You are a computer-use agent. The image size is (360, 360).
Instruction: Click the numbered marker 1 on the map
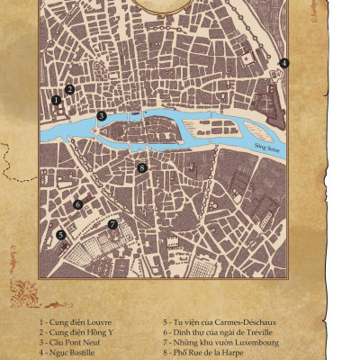coord(56,99)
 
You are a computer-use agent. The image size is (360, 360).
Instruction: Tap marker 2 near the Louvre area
coord(69,89)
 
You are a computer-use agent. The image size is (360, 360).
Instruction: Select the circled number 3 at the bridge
coord(102,115)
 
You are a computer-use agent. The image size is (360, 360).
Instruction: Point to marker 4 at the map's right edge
coord(283,63)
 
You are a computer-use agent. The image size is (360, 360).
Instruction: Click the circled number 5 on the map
coord(60,235)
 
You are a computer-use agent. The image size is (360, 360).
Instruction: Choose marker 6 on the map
coord(78,204)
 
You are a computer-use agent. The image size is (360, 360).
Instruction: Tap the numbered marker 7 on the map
coord(112,224)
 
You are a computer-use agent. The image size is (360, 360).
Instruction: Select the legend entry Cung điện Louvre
coord(76,321)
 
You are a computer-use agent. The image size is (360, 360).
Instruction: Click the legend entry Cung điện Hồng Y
coord(77,331)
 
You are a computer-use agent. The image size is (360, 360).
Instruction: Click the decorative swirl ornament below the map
coord(31,290)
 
